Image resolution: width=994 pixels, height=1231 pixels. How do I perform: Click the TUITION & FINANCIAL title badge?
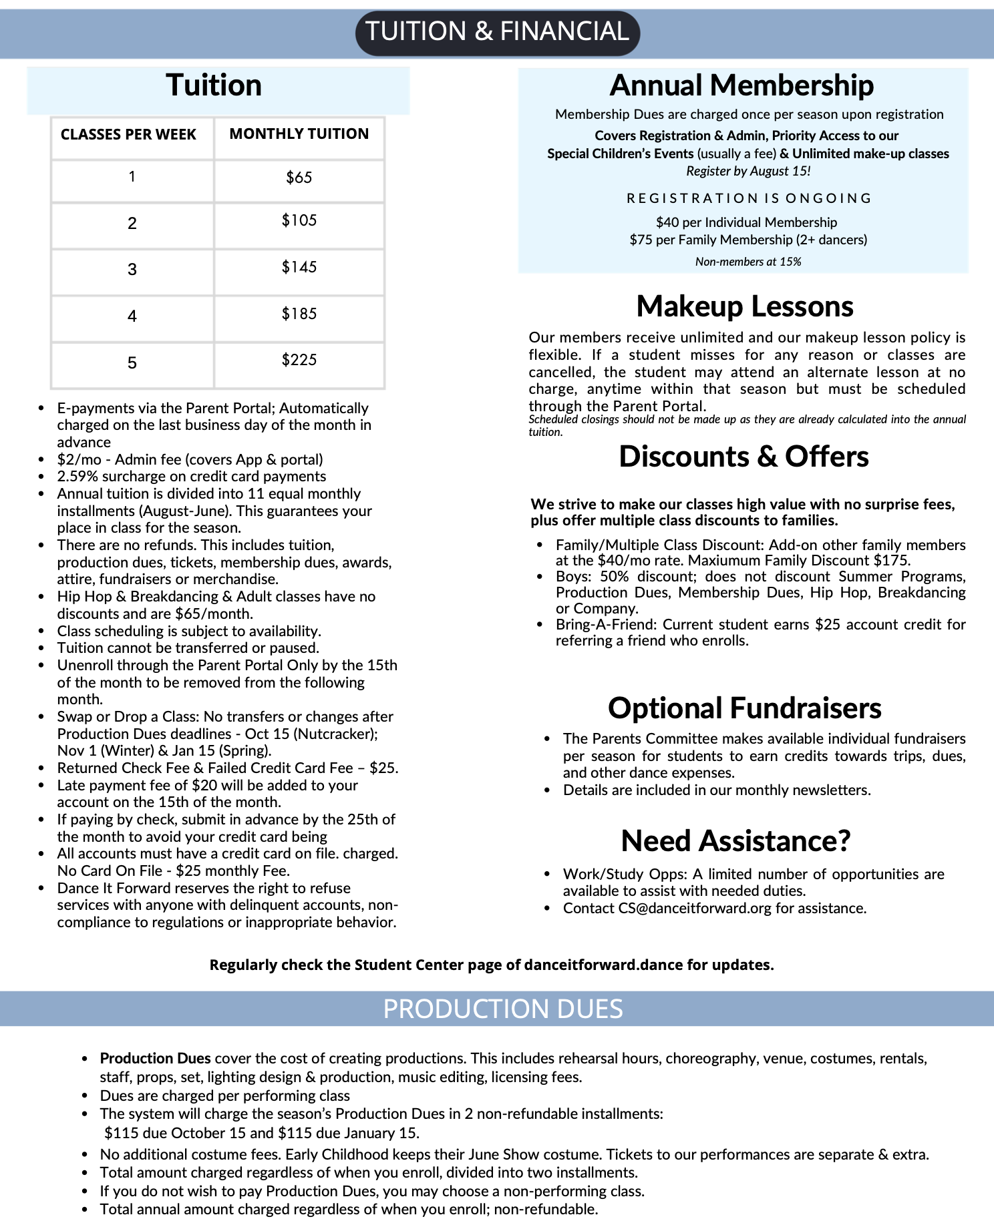(497, 32)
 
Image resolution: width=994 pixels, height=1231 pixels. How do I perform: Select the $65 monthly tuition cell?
(299, 178)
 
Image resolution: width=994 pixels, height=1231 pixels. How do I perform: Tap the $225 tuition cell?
(299, 360)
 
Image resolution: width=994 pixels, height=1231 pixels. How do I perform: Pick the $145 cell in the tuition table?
(299, 268)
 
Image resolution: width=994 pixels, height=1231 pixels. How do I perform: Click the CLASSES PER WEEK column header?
(128, 135)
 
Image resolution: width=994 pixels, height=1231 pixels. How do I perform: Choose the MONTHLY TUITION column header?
(299, 134)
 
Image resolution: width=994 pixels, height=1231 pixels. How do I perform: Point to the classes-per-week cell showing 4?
(132, 316)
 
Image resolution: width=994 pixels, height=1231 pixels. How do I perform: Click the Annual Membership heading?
(741, 85)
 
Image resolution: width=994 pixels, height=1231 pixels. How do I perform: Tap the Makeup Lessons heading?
(744, 306)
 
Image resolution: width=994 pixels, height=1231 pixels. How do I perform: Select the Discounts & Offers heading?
(743, 457)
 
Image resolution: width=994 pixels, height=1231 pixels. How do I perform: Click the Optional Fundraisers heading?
(744, 708)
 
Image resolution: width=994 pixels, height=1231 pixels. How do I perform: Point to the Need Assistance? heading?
(735, 841)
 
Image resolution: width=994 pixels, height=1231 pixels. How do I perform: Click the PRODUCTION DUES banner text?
(502, 1009)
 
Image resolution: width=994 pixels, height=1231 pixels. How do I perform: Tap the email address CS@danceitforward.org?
(695, 909)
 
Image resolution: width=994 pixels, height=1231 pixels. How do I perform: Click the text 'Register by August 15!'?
(748, 172)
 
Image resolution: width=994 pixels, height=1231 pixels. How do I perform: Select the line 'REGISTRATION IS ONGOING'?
(749, 198)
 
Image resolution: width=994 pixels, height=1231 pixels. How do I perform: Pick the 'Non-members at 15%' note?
(748, 262)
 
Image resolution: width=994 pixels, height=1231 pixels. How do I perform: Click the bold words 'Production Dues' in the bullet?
(155, 1058)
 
